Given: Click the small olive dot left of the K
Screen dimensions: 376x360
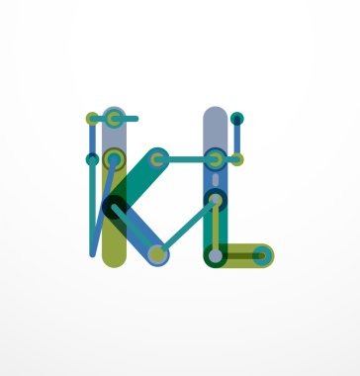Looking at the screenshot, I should click(92, 119).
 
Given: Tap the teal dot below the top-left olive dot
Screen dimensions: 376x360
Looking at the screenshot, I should click(92, 158).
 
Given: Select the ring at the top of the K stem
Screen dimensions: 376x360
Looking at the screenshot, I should click(114, 119).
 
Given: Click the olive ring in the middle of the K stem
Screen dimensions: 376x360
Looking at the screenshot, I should click(114, 158).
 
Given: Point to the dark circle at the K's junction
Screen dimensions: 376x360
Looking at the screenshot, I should click(115, 206).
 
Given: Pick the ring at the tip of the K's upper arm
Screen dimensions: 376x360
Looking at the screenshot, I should click(157, 158).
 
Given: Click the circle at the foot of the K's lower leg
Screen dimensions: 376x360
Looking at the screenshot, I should click(157, 254).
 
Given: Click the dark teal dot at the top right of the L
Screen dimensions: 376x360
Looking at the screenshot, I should click(236, 119).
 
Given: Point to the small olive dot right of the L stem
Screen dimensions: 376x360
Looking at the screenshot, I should click(237, 158).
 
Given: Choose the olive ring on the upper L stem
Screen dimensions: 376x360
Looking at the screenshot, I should click(215, 158).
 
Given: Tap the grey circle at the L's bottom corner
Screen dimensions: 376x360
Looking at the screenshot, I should click(215, 255).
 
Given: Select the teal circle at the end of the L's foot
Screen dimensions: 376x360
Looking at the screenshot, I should click(260, 255).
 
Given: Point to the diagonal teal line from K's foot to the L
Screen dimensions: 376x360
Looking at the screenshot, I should click(186, 227).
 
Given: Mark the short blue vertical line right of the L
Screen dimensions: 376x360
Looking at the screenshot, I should click(236, 139).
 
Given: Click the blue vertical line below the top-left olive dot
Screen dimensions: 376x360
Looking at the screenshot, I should click(92, 139).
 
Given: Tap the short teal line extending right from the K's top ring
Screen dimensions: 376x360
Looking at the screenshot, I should click(129, 119).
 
